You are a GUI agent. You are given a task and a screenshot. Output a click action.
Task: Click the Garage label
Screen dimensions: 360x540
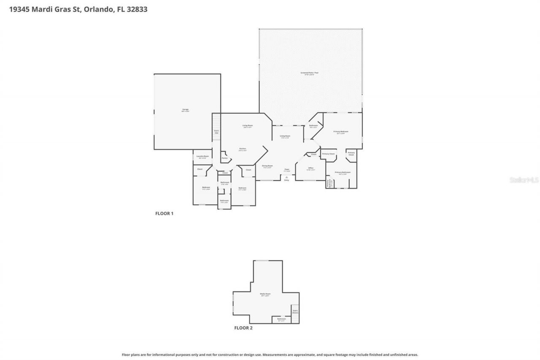185,110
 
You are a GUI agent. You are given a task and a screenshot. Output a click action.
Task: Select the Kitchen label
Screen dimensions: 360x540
243,149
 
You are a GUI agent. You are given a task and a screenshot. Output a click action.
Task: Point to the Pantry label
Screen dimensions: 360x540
224,158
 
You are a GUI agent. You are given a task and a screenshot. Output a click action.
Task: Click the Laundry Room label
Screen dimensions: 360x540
202,157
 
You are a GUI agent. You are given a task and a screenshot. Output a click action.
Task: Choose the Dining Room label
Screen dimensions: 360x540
267,166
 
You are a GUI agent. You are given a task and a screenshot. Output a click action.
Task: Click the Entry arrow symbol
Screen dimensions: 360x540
286,177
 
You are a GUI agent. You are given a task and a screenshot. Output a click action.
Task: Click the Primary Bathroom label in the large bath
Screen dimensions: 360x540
343,173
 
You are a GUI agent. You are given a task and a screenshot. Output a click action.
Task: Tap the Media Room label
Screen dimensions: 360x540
265,294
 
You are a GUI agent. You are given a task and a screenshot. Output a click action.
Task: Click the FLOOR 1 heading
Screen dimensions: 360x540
164,214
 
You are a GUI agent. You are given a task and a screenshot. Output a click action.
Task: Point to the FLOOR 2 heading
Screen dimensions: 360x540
243,328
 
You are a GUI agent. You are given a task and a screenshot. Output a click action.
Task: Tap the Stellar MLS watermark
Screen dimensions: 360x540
524,180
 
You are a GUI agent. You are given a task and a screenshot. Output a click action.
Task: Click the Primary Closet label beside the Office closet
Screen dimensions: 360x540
328,154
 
